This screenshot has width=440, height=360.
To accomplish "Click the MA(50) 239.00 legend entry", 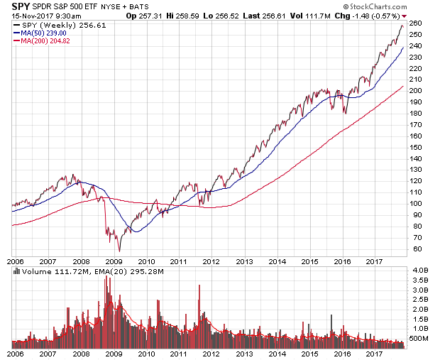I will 44,33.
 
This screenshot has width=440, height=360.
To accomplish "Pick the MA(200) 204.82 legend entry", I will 45,41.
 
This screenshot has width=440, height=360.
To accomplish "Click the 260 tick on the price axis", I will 416,23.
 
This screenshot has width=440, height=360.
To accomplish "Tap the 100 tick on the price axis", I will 416,204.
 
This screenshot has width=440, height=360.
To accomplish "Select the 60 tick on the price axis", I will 414,249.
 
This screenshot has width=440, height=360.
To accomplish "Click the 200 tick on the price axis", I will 416,91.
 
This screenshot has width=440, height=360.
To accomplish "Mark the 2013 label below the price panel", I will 245,261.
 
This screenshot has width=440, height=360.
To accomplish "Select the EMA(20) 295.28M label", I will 119,272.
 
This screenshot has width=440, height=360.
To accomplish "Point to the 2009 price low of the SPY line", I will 119,251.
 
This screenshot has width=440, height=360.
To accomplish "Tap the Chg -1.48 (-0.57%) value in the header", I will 372,15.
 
